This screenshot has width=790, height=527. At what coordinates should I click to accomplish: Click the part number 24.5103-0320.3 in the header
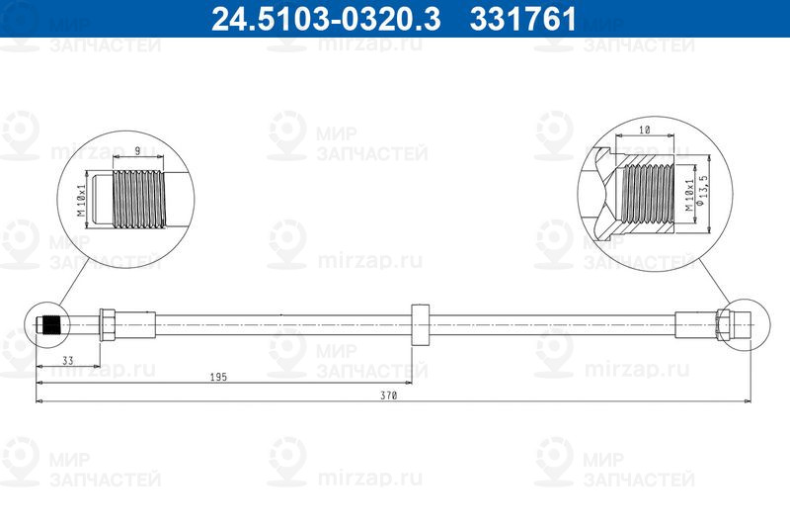click(x=326, y=19)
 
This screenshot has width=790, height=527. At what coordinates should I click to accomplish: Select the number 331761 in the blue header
click(x=523, y=19)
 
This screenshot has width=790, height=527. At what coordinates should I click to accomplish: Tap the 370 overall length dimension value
click(x=388, y=395)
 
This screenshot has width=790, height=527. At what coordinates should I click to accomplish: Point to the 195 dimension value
click(x=218, y=378)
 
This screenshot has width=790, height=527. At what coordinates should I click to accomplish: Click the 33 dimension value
click(x=67, y=361)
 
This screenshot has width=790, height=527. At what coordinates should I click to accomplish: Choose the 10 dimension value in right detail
click(x=645, y=131)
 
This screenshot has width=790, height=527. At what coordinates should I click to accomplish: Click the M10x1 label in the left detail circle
click(x=81, y=200)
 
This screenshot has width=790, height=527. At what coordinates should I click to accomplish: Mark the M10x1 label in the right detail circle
click(x=689, y=194)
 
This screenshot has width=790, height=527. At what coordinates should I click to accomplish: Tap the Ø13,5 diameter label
click(x=701, y=191)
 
